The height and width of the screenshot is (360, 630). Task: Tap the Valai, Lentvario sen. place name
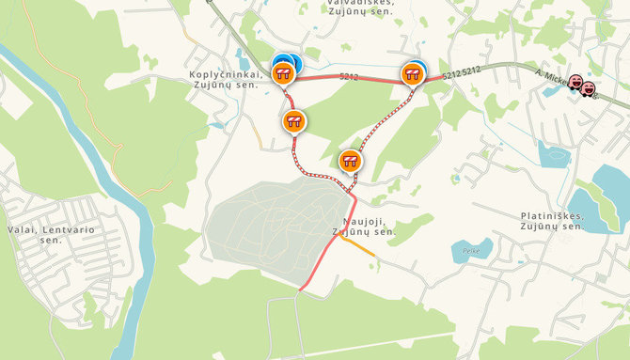[x=35, y=234]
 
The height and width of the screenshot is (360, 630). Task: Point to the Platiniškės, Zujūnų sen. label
[x=552, y=221]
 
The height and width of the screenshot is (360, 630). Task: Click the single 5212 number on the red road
[x=348, y=76]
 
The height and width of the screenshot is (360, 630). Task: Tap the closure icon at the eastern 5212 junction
[x=413, y=73]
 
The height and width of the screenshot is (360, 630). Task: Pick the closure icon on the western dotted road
[x=294, y=121]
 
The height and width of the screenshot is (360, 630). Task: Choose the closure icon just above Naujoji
[x=350, y=162]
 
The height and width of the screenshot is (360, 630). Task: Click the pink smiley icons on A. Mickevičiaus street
[x=582, y=86]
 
